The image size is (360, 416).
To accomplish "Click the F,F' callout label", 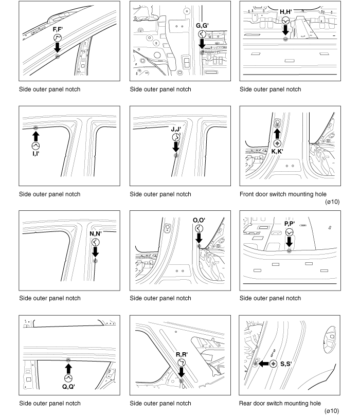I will [x=57, y=30].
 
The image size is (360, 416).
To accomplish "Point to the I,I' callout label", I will [x=35, y=153].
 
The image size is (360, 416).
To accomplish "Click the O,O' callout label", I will [x=199, y=220].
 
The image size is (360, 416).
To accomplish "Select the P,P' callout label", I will [x=289, y=224].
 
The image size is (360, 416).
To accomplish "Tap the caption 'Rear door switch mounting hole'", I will [x=280, y=403].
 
